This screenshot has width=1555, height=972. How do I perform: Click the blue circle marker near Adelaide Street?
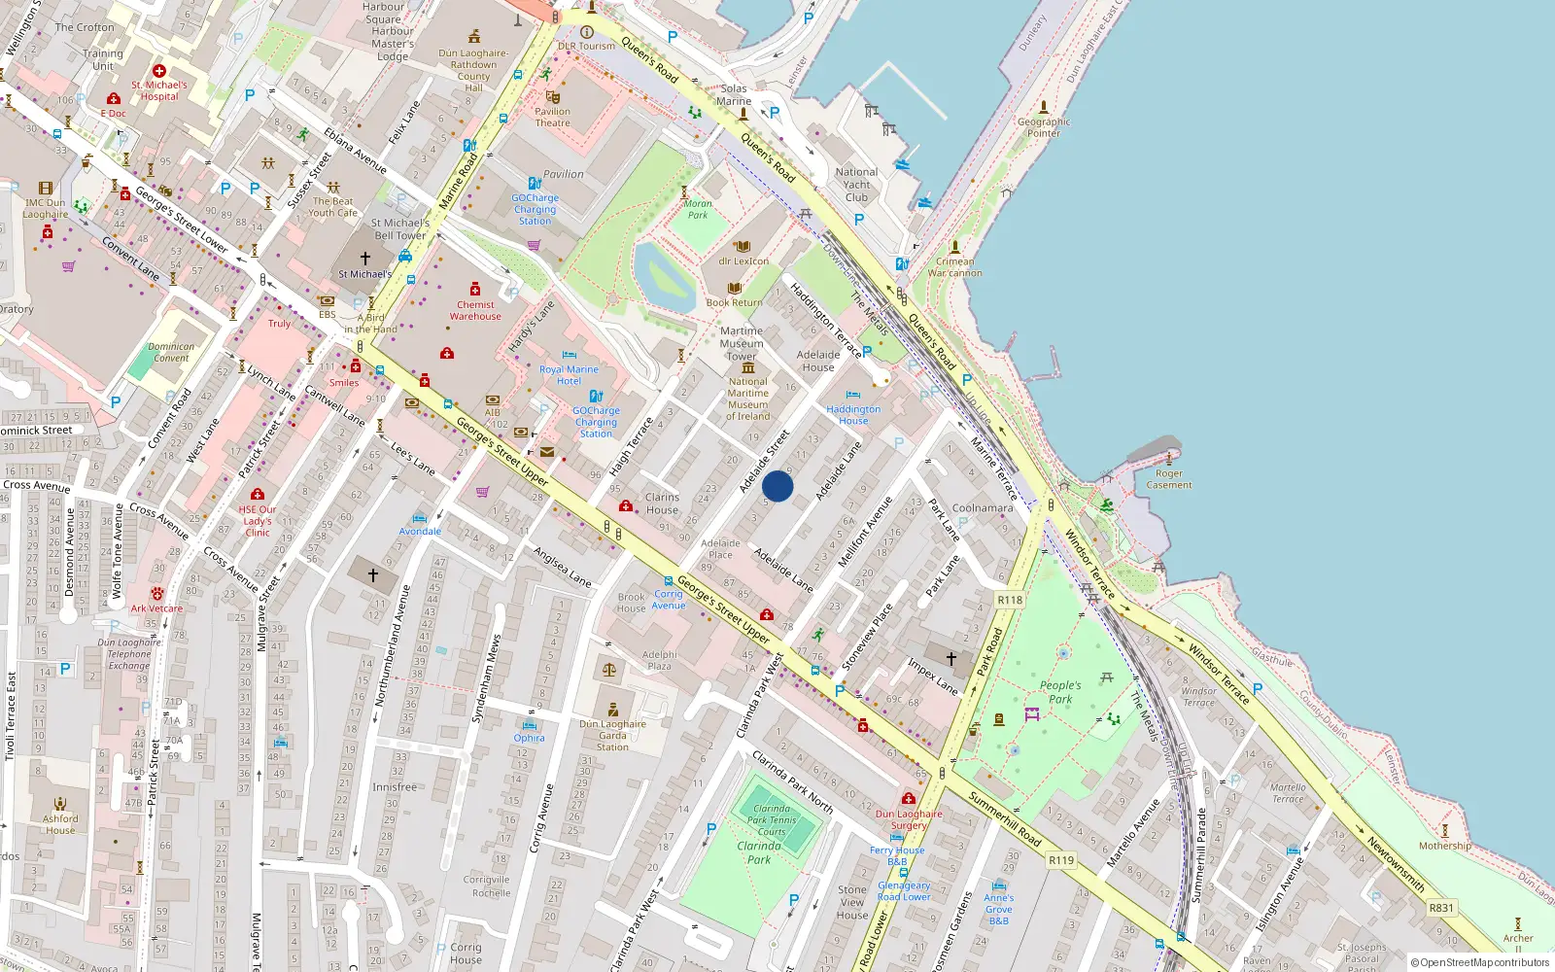[x=777, y=486]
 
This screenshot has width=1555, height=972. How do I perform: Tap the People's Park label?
[x=1059, y=692]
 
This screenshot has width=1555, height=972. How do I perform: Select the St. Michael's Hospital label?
[x=159, y=90]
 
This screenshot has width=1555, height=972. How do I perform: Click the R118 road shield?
[x=1010, y=600]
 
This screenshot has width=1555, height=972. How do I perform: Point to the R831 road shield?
[x=1441, y=908]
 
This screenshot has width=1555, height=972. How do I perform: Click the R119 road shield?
[x=1061, y=860]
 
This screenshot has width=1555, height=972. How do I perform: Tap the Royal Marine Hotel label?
[x=569, y=375]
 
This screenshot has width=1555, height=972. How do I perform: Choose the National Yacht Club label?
[x=856, y=185]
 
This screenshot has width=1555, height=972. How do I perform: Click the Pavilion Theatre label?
[x=552, y=117]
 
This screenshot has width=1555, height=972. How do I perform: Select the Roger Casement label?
[x=1169, y=479]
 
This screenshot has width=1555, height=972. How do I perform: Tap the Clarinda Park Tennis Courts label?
[x=772, y=819]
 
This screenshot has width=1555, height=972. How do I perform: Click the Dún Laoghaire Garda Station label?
[x=612, y=735]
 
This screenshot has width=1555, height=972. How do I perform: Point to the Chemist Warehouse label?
[x=475, y=310]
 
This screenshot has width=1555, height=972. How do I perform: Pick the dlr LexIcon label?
[x=743, y=260]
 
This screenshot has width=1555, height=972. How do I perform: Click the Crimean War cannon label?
[x=954, y=267]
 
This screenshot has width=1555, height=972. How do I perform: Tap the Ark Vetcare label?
[x=156, y=608]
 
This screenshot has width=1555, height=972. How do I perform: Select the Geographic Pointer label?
[x=1044, y=127]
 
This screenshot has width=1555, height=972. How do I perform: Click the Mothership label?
[x=1444, y=846]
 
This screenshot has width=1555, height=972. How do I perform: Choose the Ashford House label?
[x=60, y=824]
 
